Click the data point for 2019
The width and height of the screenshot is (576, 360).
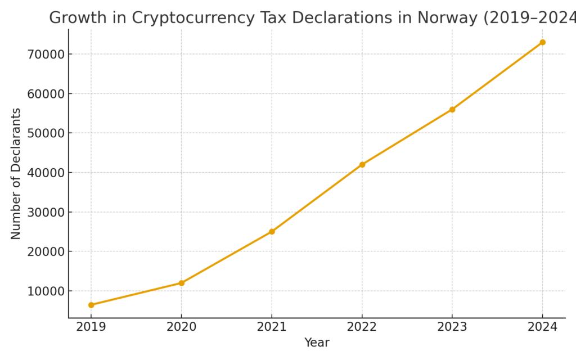[x=91, y=305]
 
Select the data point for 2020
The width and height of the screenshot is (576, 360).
[x=182, y=283]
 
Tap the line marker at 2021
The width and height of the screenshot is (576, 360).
[x=272, y=232]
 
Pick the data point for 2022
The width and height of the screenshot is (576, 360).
[x=362, y=165]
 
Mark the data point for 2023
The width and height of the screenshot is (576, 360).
[x=452, y=110]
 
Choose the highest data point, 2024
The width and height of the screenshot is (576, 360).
[x=542, y=42]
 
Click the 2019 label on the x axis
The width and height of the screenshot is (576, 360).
[x=91, y=327]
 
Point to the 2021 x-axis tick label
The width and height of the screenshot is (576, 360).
[x=272, y=327]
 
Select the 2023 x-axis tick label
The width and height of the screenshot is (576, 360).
[x=452, y=327]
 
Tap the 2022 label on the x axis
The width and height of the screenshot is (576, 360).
[x=362, y=327]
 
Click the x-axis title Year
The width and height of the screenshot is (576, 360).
[x=317, y=343]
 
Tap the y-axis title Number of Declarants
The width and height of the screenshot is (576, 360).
[x=16, y=173]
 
